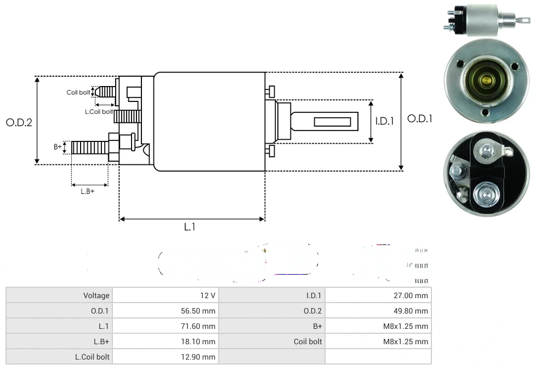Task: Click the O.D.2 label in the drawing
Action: (19, 123)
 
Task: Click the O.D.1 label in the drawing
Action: (420, 118)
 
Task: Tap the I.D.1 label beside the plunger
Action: (384, 121)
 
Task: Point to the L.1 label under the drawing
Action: (189, 227)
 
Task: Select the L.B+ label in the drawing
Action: (87, 191)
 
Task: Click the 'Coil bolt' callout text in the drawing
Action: (78, 93)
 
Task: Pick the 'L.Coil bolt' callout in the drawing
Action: (99, 112)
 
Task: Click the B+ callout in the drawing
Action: (58, 147)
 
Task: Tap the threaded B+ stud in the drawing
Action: (90, 147)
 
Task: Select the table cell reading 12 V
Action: (208, 295)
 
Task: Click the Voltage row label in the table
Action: (96, 295)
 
